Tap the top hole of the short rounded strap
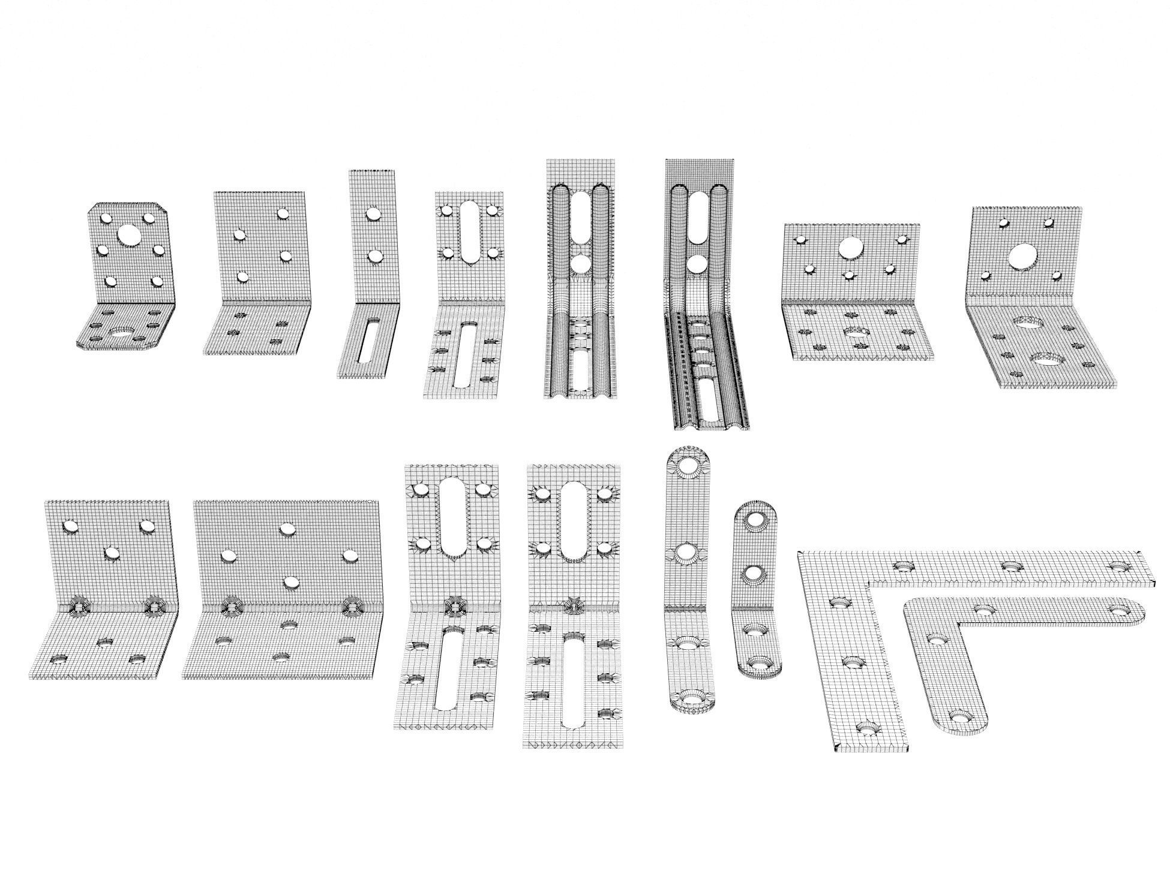point(754,520)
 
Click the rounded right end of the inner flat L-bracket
point(1135,610)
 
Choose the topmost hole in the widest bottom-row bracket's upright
point(289,528)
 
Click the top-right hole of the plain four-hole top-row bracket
point(284,213)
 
